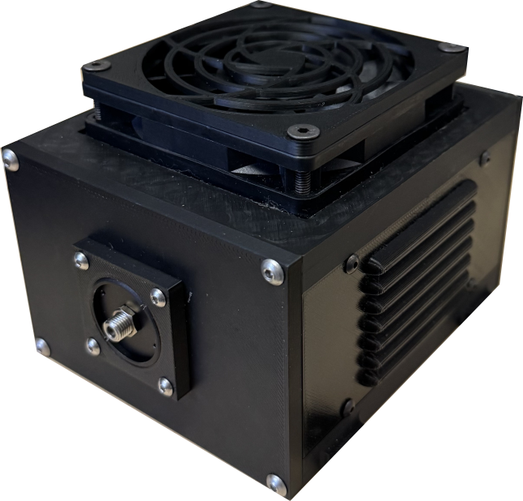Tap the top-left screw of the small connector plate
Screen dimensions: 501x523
pyautogui.click(x=81, y=260)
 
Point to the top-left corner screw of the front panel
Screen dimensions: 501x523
pyautogui.click(x=11, y=161)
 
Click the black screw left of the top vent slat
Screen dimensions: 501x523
pyautogui.click(x=352, y=263)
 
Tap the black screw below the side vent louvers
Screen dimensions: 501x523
pyautogui.click(x=347, y=406)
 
